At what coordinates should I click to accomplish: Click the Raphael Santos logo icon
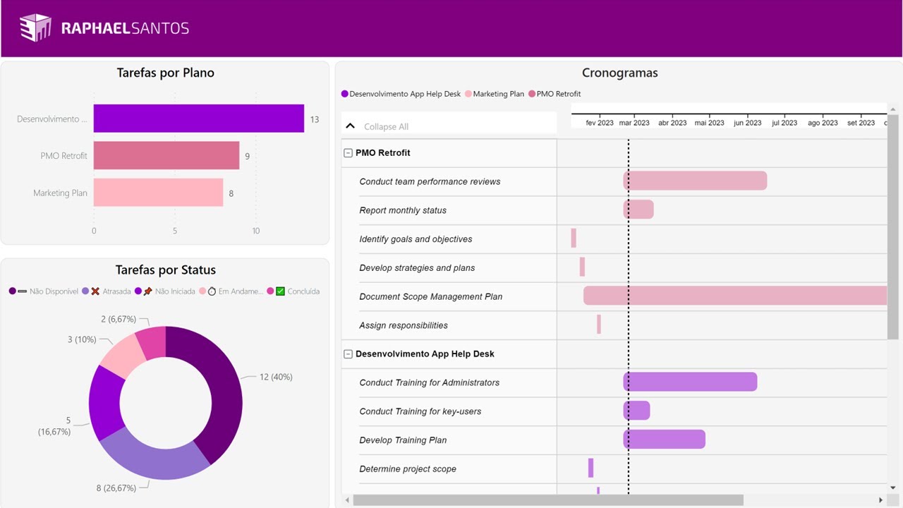point(35,28)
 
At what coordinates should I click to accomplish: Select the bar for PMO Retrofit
point(166,155)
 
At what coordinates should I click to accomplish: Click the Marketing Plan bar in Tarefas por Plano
point(158,193)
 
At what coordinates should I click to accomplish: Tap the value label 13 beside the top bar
point(315,119)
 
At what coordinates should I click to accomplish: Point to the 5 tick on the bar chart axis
point(175,231)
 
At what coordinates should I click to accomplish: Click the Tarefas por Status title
point(165,270)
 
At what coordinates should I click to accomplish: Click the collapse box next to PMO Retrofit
point(348,153)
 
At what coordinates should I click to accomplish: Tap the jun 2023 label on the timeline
point(747,123)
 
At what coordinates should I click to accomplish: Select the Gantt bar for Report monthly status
point(638,210)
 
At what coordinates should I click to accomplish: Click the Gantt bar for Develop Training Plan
point(664,440)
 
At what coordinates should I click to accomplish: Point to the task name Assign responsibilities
point(403,325)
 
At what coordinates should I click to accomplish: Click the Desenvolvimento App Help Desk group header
point(424,354)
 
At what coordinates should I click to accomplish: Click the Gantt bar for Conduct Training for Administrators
point(690,382)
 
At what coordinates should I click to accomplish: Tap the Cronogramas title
point(619,73)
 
